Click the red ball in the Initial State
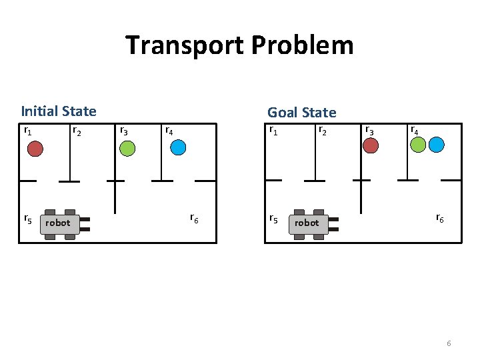pos(35,148)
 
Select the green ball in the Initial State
pos(127,148)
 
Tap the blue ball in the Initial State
pos(178,148)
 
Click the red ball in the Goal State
pos(371,145)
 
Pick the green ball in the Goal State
pos(419,144)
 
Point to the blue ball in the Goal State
pos(437,144)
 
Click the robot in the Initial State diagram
pos(60,223)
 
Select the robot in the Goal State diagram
pos(308,223)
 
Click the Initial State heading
pos(59,111)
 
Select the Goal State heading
pos(301,113)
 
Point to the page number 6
pos(449,343)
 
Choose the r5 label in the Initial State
pos(27,218)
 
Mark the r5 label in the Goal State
pos(273,218)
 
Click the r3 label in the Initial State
pos(123,131)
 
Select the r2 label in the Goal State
pos(322,130)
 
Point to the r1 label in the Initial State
pos(28,131)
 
